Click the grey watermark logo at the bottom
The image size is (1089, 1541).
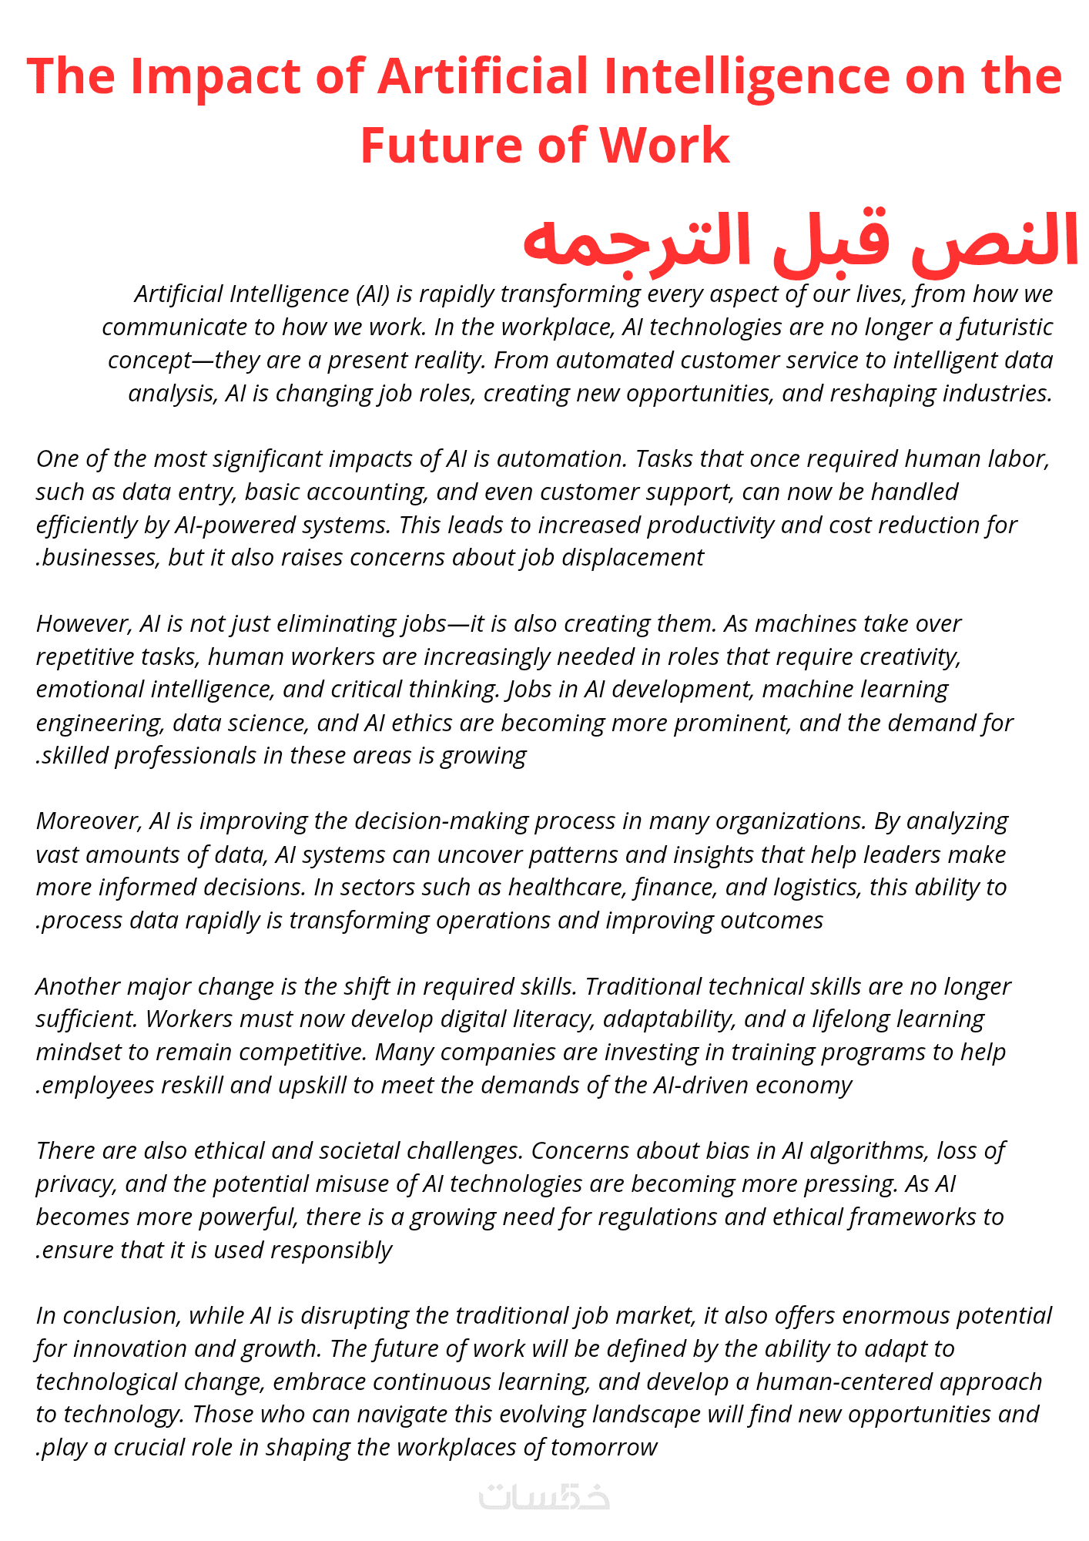544,1496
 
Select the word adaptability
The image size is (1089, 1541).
669,1019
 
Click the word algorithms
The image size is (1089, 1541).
869,1151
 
